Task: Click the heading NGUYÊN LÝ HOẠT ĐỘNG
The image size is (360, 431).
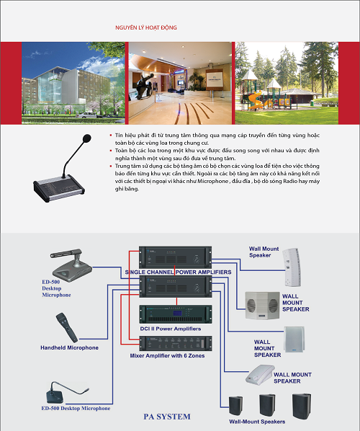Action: point(146,27)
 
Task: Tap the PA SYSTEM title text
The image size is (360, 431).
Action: point(167,417)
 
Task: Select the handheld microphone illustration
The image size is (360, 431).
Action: point(67,327)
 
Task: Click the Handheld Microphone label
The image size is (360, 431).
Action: point(69,347)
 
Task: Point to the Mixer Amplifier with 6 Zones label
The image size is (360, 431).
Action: point(167,356)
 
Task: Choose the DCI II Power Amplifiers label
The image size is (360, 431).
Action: point(171,329)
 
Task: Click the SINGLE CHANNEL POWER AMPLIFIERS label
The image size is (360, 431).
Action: point(179,272)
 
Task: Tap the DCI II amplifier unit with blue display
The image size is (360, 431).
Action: point(176,314)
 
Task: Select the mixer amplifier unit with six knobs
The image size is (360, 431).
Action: point(176,343)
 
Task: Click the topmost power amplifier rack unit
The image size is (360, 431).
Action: point(176,257)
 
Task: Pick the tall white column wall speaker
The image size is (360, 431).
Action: point(292,267)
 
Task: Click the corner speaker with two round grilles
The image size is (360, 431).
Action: point(262,306)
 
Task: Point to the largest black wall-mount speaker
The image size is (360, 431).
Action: point(302,406)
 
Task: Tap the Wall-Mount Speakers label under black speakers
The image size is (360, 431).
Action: point(257,422)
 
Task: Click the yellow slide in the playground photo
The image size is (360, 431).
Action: point(254,101)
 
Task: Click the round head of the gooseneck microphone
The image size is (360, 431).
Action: point(87,138)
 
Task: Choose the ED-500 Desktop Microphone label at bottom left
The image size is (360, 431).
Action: point(76,409)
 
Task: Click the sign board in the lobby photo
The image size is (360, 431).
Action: point(215,79)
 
